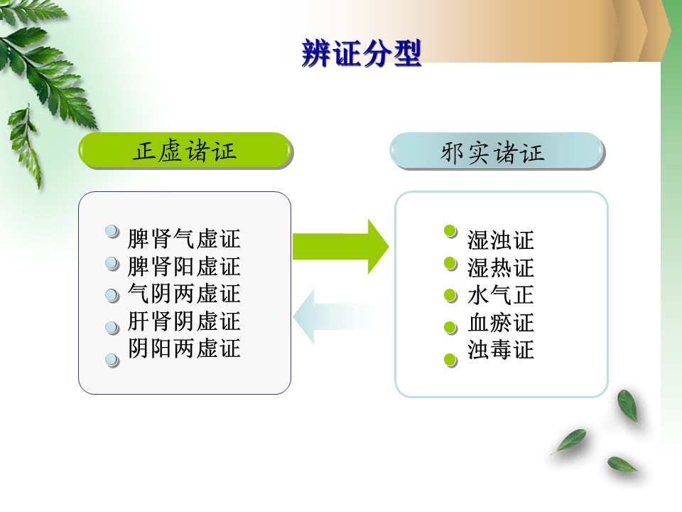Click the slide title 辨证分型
(362, 53)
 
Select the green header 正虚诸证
(185, 151)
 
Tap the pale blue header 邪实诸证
(497, 151)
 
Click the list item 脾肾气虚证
(183, 239)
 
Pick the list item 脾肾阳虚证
(183, 266)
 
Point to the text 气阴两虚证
(183, 294)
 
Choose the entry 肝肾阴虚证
(183, 321)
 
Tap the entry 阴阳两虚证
(183, 348)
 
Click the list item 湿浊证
(501, 240)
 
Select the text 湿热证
(501, 267)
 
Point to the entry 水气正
(501, 295)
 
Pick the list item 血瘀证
(501, 323)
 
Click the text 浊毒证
(501, 350)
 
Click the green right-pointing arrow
(340, 247)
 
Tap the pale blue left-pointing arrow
(340, 317)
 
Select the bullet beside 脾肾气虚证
(113, 231)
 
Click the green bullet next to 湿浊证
(450, 231)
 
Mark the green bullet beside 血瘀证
(450, 328)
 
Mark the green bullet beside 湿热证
(450, 264)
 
